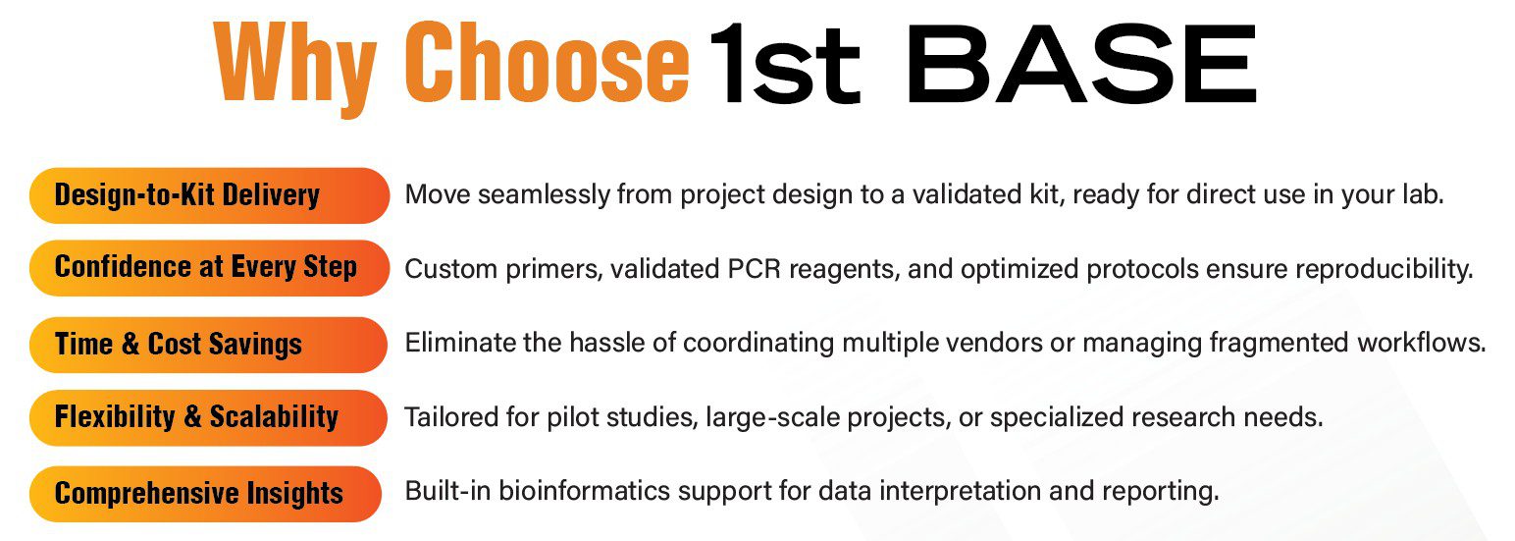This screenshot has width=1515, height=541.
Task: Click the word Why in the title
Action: (295, 68)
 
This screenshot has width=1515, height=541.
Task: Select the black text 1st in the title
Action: (785, 64)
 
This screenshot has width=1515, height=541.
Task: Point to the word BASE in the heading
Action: (1080, 64)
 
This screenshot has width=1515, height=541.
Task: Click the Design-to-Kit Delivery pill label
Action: (210, 195)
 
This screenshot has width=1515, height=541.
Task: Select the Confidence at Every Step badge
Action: (210, 268)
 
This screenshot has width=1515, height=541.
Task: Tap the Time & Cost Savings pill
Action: (208, 345)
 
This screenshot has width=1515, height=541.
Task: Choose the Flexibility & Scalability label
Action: (208, 417)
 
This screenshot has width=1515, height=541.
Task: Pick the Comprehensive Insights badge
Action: (206, 494)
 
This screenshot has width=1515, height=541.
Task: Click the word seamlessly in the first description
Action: (545, 195)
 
